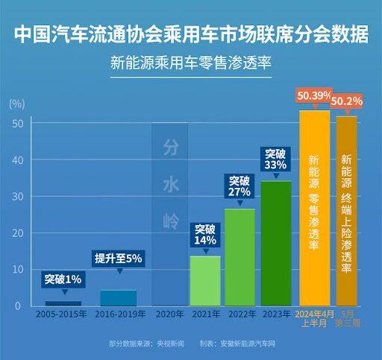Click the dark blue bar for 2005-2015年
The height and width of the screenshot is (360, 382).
point(63,303)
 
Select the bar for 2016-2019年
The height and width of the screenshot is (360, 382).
point(119,298)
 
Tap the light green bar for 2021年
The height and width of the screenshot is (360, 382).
point(205,281)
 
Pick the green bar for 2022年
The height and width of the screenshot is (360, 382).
point(240,257)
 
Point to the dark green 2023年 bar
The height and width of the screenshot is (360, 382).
point(276,244)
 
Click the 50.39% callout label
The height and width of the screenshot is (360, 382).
point(314,95)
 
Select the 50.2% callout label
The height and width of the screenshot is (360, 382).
point(347,101)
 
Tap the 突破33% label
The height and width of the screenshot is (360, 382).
point(275,160)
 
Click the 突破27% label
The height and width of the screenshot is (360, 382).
point(239,186)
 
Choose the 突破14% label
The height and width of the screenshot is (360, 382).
point(205,235)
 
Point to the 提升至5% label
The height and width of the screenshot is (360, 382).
point(118,259)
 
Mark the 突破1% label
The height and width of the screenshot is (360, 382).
point(63,280)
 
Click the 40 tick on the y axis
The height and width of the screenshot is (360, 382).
point(18,160)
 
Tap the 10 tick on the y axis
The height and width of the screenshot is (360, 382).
point(18,270)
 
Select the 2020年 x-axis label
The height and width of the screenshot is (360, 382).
point(169,315)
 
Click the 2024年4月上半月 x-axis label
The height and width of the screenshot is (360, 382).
point(314,319)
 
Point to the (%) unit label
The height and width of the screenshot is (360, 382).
point(17,104)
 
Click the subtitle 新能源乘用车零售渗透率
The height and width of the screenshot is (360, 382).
point(191,63)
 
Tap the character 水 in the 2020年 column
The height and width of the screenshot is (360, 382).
point(171,185)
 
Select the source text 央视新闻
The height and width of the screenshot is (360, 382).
point(171,344)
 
